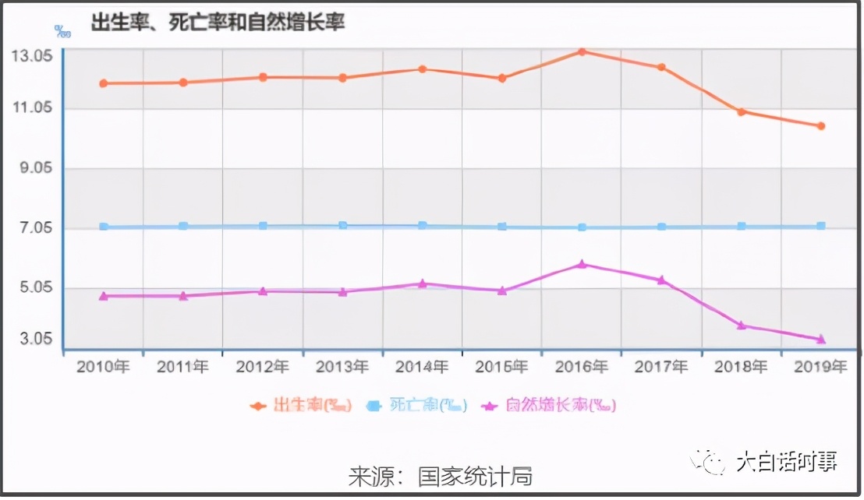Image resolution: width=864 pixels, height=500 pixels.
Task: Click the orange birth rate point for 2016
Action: (582, 52)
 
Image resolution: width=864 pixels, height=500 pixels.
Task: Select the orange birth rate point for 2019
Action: (820, 126)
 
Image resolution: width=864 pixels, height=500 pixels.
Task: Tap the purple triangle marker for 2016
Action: (582, 265)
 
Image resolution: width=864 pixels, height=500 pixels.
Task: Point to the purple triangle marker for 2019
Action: (820, 340)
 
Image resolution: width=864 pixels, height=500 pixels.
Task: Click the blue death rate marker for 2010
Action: (104, 227)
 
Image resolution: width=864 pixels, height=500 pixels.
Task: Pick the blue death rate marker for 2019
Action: (820, 226)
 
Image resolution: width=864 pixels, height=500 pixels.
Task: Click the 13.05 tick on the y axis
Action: (32, 56)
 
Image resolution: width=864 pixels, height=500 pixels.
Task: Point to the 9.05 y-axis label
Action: (32, 168)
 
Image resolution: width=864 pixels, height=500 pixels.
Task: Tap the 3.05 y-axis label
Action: (32, 339)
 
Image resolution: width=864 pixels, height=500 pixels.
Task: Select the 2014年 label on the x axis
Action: (422, 367)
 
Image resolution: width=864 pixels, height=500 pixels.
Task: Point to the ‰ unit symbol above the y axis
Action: (62, 31)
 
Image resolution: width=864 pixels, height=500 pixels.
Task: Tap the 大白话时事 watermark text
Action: (788, 462)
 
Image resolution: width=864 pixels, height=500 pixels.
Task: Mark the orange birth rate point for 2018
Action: (741, 112)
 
